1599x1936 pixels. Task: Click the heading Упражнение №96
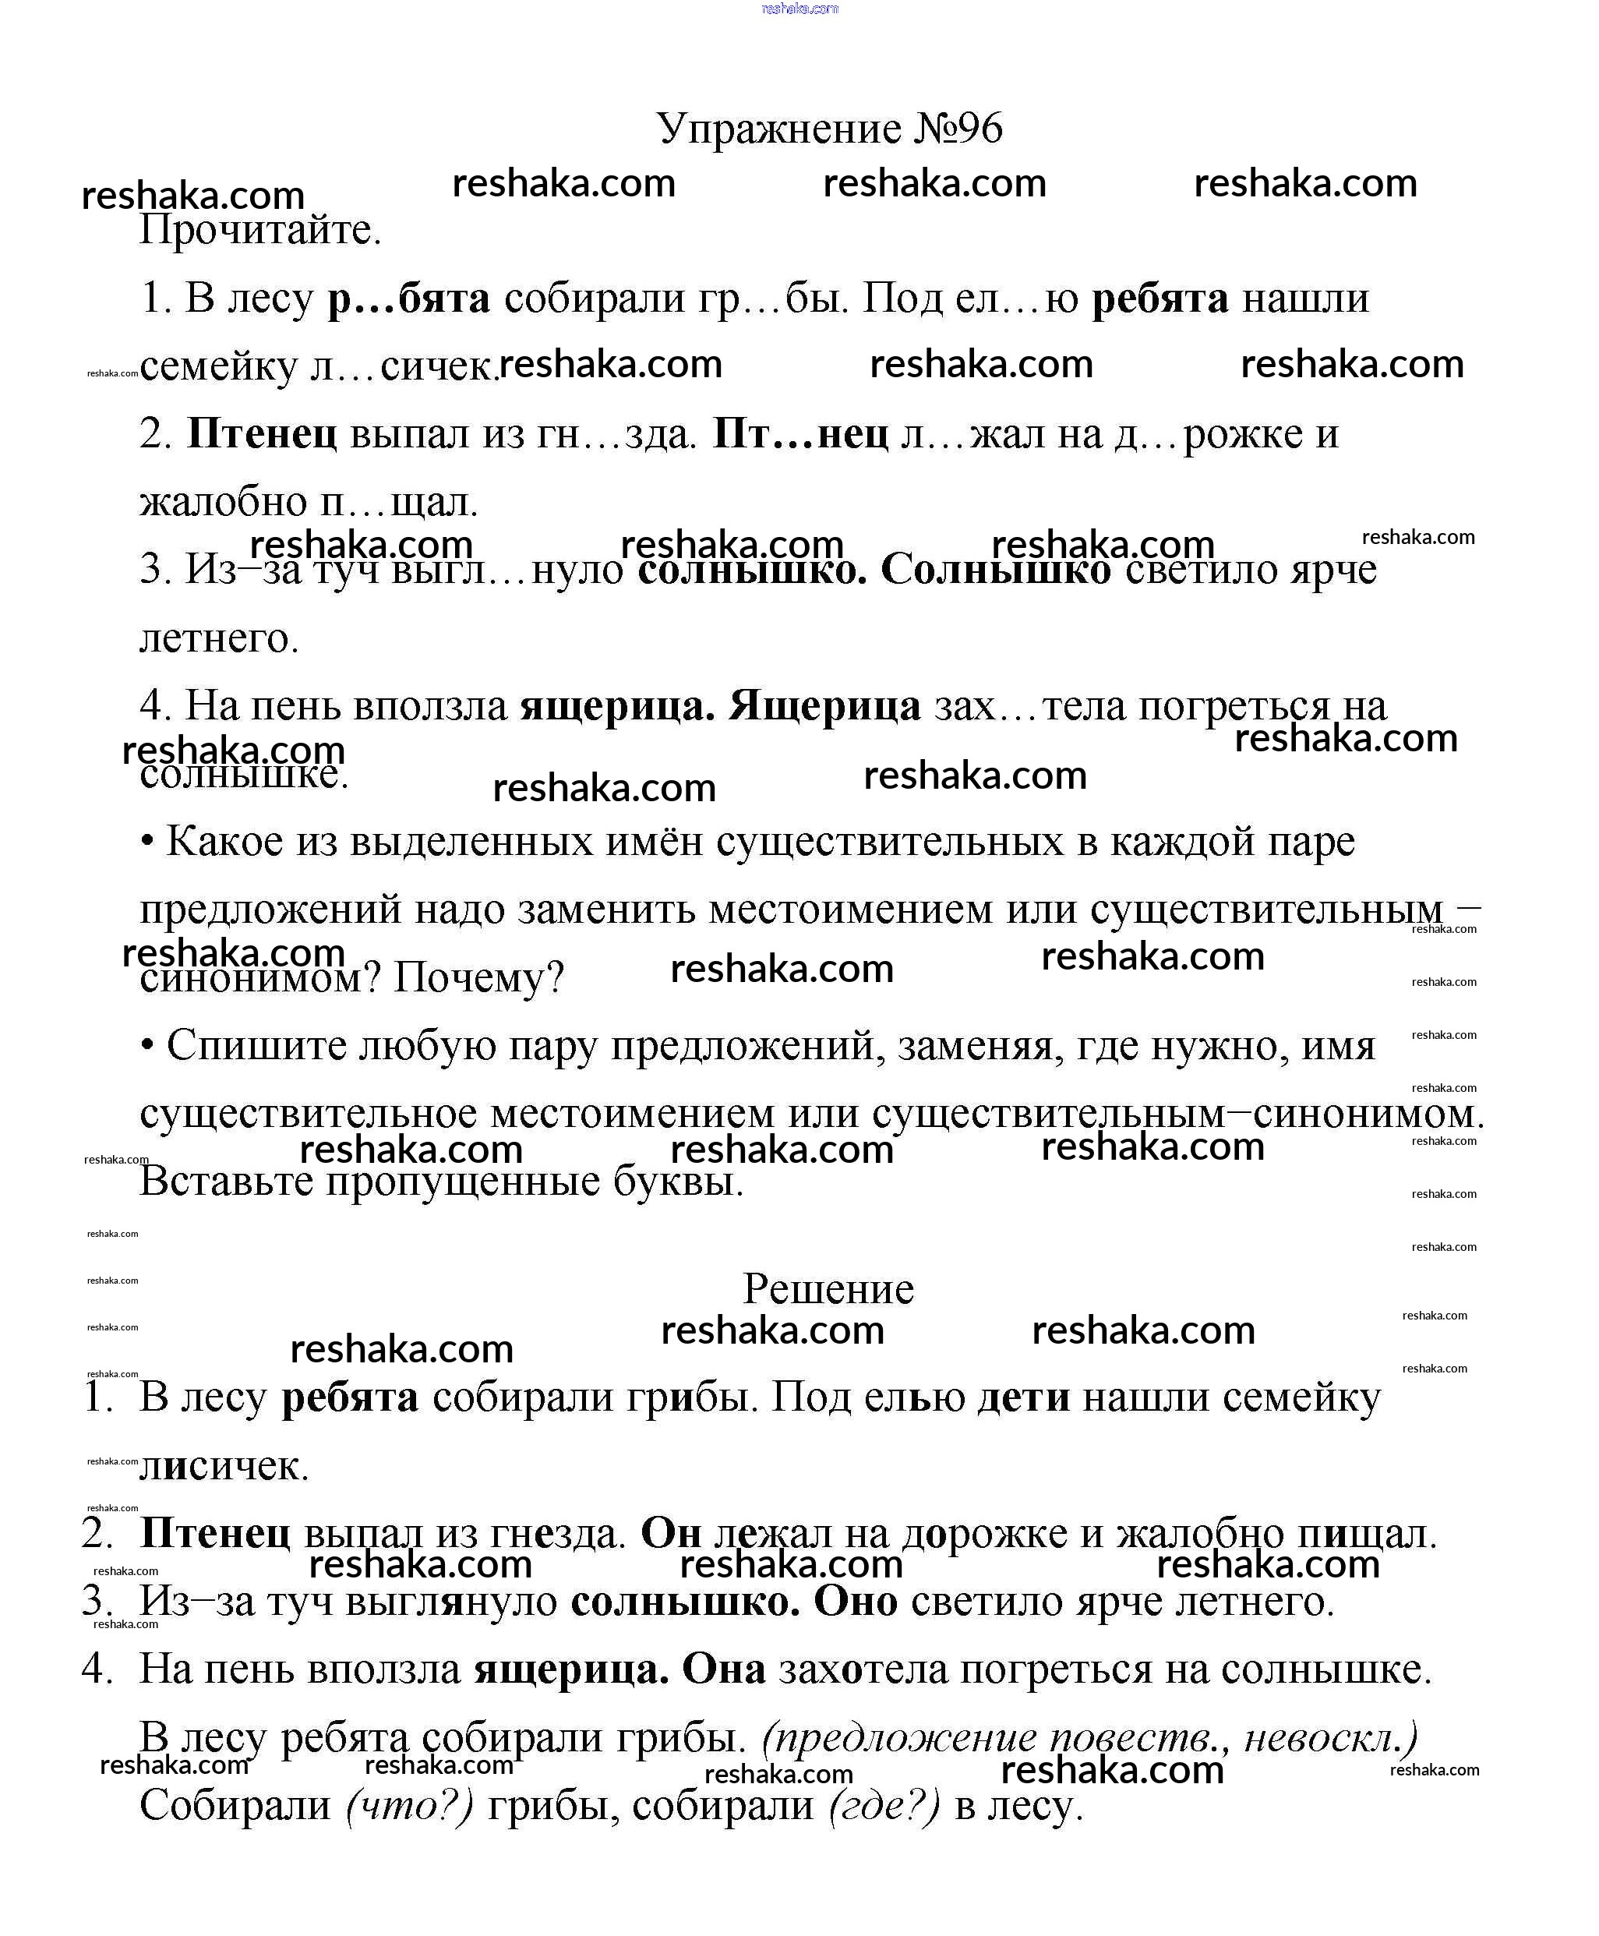[829, 129]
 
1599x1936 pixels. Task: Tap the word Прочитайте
[259, 230]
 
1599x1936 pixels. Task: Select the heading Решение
[828, 1288]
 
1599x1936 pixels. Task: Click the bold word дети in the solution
[1023, 1398]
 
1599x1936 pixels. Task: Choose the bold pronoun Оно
[856, 1602]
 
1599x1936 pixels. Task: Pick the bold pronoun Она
[723, 1669]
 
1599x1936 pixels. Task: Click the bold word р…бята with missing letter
[409, 299]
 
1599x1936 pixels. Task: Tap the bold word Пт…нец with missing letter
[800, 434]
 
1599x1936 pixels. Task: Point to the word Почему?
[478, 977]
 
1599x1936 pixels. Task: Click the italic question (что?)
[410, 1806]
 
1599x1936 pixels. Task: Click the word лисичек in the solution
[224, 1466]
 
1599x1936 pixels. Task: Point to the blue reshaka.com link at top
[799, 9]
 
